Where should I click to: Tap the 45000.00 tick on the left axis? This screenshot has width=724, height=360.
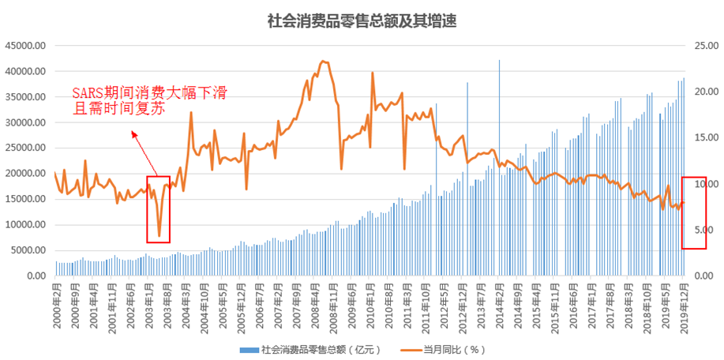(x=25, y=46)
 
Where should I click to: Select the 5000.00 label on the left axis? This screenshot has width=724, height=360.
(x=28, y=250)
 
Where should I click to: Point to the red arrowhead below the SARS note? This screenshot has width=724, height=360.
(x=134, y=135)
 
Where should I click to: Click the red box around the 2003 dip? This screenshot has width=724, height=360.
(x=158, y=209)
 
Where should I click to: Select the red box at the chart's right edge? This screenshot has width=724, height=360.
(x=694, y=213)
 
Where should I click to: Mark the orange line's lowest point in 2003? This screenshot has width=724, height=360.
(x=159, y=235)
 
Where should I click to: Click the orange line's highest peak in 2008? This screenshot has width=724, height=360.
(x=322, y=61)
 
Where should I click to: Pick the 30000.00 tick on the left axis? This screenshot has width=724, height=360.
(x=25, y=122)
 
